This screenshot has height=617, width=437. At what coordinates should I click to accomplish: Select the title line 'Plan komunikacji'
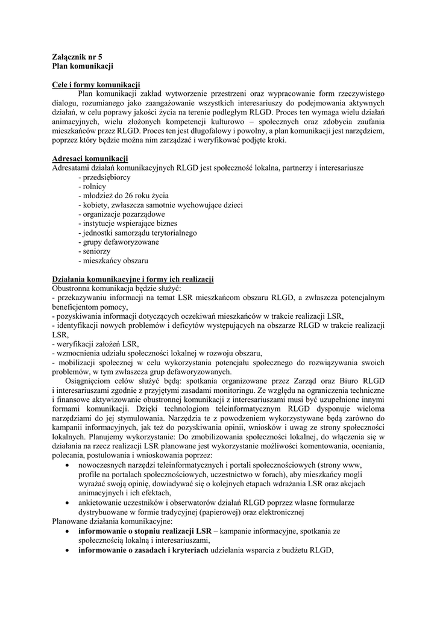(x=82, y=64)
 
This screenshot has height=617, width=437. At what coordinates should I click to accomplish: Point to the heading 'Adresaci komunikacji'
(x=90, y=158)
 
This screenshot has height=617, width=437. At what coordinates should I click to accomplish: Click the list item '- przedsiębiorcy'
(x=104, y=178)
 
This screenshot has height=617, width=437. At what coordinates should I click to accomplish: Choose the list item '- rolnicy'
(x=92, y=187)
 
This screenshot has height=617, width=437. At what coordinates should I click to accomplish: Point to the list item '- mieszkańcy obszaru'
(x=113, y=261)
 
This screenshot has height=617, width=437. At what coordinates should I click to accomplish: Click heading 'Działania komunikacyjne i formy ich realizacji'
(x=133, y=280)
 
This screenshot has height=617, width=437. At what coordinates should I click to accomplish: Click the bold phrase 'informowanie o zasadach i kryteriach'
(x=143, y=550)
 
